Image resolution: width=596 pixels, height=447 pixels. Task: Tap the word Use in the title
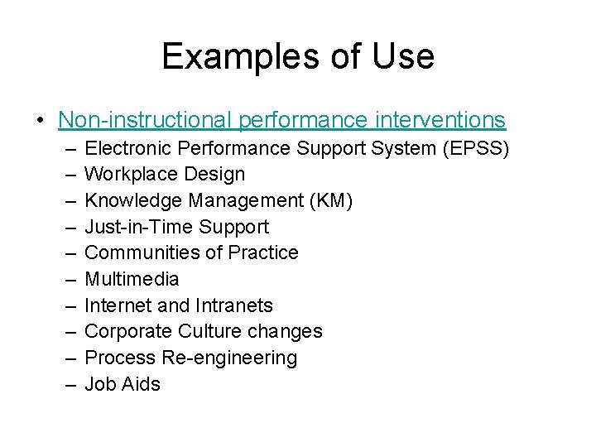(401, 56)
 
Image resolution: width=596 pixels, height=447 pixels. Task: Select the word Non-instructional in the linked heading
(146, 120)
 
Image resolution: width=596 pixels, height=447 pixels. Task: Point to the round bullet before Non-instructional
(41, 120)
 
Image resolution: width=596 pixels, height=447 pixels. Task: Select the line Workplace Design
(165, 174)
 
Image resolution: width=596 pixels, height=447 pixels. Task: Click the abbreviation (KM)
(329, 200)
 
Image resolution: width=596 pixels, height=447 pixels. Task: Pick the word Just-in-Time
(139, 227)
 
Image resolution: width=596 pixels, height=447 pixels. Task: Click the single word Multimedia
(132, 279)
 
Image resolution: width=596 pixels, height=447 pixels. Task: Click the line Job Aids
(123, 384)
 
